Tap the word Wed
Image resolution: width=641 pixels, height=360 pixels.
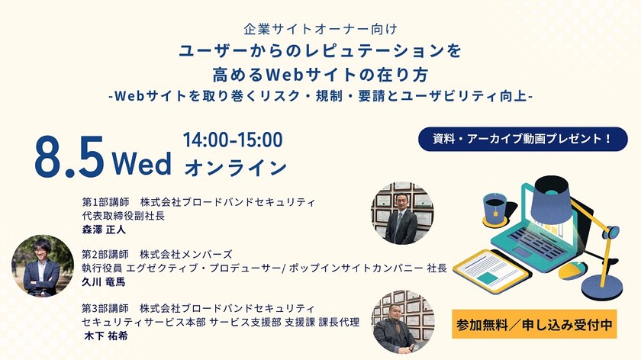pos(141,162)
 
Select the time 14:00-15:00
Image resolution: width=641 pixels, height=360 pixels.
pos(233,140)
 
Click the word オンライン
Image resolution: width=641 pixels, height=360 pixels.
pos(235,166)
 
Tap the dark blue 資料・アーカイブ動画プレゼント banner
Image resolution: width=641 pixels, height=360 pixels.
pos(523,140)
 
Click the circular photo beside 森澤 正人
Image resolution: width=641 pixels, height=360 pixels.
pos(402,214)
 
